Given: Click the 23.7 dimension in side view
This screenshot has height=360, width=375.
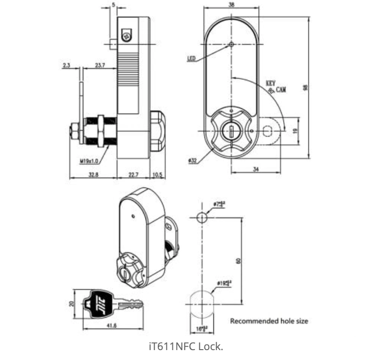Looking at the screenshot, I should (100, 65).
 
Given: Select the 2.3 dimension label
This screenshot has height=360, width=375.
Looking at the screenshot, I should (66, 65).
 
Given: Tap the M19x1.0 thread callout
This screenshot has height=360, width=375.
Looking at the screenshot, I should (89, 161).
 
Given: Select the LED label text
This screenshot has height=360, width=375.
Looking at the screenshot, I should (191, 59).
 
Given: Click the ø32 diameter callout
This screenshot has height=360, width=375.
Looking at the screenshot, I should (192, 161).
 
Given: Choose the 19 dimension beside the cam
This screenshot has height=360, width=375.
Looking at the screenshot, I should (295, 131).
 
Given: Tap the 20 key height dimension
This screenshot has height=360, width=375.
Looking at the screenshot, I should (72, 304).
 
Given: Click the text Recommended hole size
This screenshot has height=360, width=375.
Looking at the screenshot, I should (269, 321).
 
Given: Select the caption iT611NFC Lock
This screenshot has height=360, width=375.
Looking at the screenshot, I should (186, 346).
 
